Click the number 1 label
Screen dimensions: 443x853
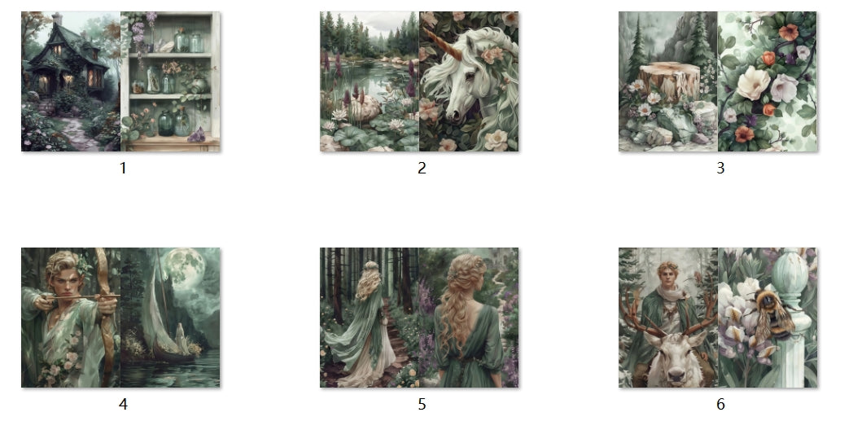point(123,169)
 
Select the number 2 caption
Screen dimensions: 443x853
point(422,169)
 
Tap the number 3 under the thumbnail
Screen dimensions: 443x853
point(720,169)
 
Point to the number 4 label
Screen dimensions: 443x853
point(123,404)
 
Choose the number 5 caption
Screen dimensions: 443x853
point(422,404)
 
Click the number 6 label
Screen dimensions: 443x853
point(720,404)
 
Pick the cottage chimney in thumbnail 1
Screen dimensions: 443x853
point(57,19)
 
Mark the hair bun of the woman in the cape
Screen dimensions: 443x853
point(370,266)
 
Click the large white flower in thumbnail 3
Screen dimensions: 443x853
point(754,81)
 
